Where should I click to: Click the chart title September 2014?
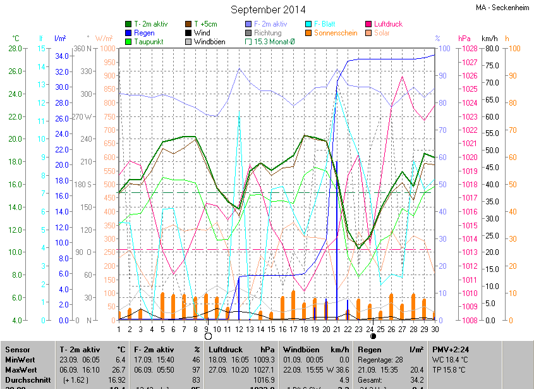point(268,9)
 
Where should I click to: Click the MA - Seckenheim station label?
point(503,8)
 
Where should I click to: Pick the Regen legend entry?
point(144,33)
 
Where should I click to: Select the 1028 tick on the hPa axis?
point(468,48)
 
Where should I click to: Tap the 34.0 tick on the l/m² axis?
point(62,56)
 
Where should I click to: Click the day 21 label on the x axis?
point(337,330)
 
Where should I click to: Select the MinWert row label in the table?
point(20,359)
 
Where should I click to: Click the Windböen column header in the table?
point(301,349)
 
